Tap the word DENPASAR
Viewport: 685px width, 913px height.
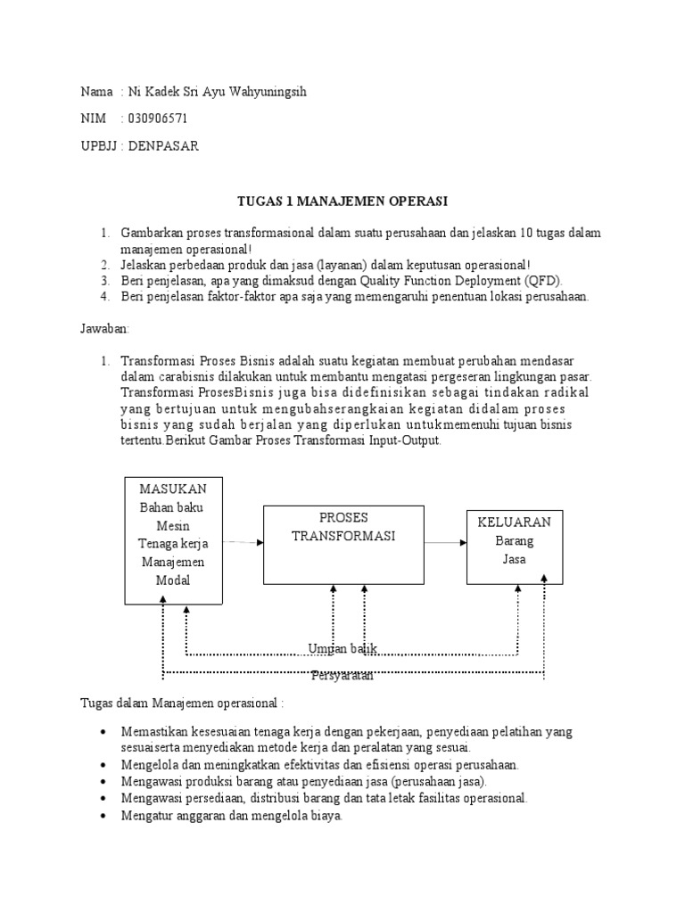point(163,146)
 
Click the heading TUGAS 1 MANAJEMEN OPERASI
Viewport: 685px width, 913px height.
point(342,202)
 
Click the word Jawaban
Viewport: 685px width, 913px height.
point(104,328)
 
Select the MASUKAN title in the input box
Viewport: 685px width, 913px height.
point(173,489)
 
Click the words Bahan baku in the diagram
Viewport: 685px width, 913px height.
point(173,507)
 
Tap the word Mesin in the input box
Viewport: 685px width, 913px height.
point(173,526)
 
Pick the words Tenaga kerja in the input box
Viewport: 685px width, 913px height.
point(173,544)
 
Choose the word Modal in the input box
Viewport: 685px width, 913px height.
point(173,580)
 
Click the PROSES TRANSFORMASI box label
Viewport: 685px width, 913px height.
point(343,527)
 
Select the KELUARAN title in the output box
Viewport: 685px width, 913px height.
point(515,522)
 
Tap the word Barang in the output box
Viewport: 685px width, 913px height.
point(514,541)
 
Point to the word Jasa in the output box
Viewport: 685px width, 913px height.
point(514,560)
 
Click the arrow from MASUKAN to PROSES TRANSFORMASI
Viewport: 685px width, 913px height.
point(242,541)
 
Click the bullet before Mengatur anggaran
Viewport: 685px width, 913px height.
point(105,816)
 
